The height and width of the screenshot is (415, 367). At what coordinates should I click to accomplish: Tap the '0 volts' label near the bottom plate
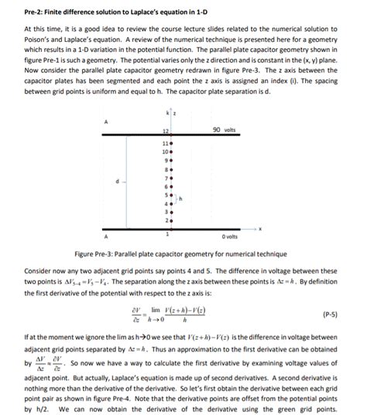230,236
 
